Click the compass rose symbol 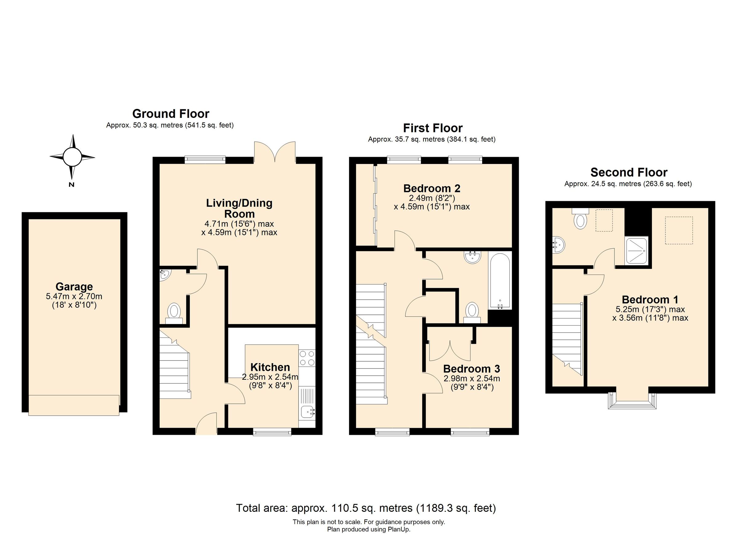point(72,157)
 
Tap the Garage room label point(74,287)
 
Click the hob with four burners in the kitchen point(307,358)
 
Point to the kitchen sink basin point(307,412)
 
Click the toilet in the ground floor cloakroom point(174,312)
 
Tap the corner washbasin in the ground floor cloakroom point(164,275)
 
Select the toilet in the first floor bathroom point(472,311)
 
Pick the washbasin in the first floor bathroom point(473,257)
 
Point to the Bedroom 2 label point(432,188)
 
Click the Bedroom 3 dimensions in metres point(471,379)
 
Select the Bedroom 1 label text point(650,300)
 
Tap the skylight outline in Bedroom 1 point(679,230)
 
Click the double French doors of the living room point(275,152)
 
